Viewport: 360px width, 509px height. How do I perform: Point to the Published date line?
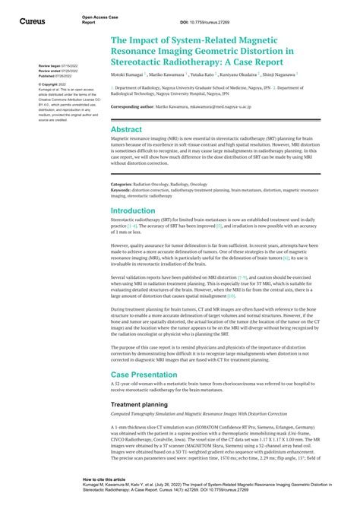[57, 76]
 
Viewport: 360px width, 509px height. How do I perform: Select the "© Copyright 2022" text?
[54, 84]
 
